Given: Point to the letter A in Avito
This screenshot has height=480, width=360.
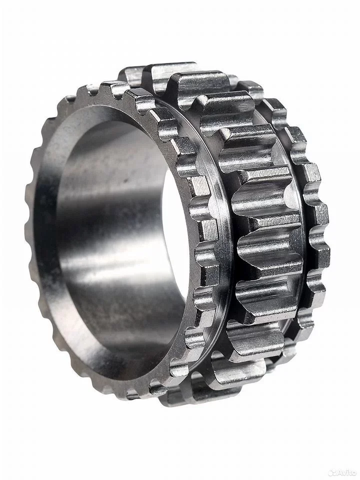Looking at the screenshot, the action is pos(338,473).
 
